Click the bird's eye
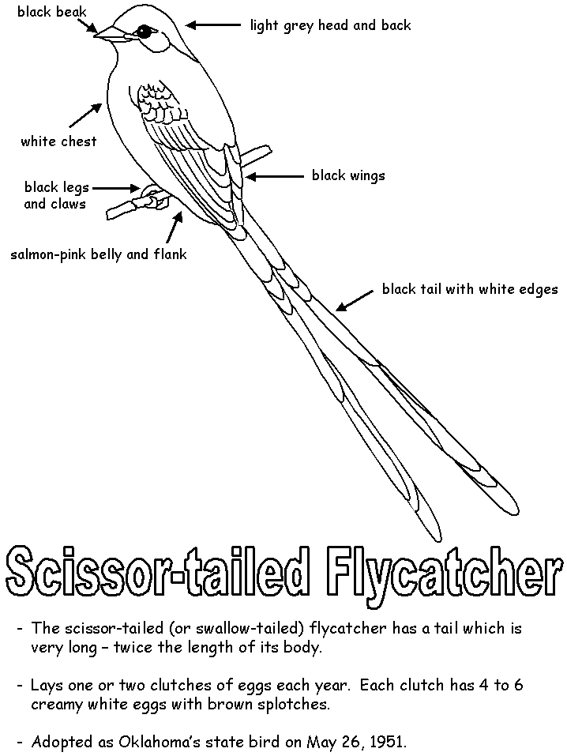point(145,31)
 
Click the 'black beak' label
point(52,12)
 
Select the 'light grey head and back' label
point(330,25)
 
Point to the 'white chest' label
point(58,141)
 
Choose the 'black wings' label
point(348,175)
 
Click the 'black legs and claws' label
point(56,196)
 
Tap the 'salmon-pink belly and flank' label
point(99,254)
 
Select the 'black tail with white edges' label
point(470,289)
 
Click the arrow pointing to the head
point(212,25)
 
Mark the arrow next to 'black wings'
point(272,176)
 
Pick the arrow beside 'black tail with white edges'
point(354,299)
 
